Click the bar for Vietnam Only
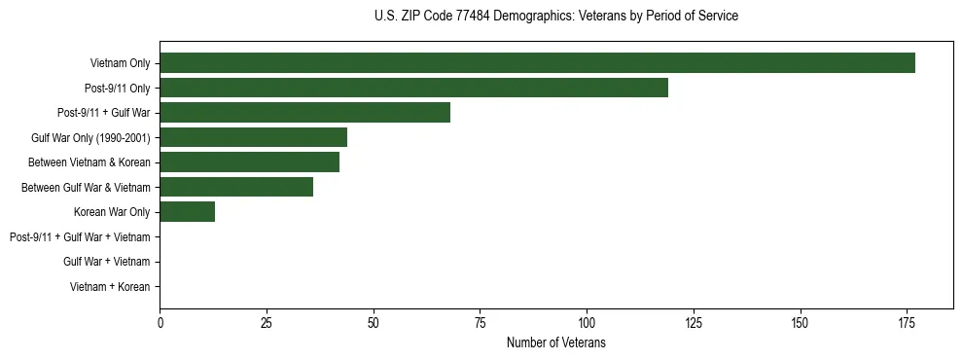coord(537,63)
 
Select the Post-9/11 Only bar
coord(413,89)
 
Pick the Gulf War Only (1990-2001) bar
coord(253,137)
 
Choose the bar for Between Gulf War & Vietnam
coord(236,187)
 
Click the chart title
coord(555,17)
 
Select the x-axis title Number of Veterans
coord(555,342)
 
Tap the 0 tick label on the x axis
coord(160,322)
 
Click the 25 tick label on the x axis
coord(267,322)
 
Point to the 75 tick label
coord(481,322)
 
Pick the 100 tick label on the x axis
coord(587,322)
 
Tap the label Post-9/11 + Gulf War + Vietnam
coord(80,236)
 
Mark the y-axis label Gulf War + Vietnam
coord(107,262)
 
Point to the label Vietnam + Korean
coord(110,286)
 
